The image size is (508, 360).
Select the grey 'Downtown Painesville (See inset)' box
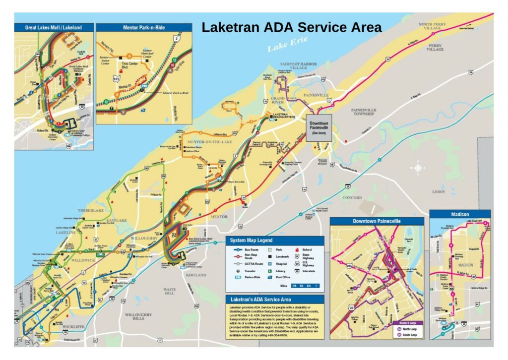point(318,128)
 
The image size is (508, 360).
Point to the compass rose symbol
point(418,168)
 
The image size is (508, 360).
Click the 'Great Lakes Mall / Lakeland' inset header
point(54,27)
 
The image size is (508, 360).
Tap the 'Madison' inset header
point(459,214)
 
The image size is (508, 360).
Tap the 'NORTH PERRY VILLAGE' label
point(432,26)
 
